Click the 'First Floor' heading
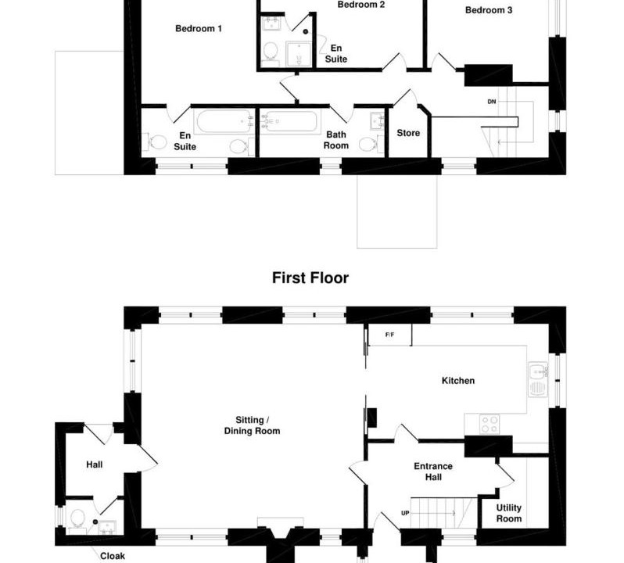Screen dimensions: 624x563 (x=310, y=278)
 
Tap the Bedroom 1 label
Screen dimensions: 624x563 (x=199, y=29)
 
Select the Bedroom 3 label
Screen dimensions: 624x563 (x=489, y=10)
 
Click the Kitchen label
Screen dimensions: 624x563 (x=458, y=381)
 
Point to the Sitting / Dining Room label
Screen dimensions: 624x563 (x=252, y=425)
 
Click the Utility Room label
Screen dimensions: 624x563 (x=509, y=513)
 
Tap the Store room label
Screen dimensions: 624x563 (x=408, y=133)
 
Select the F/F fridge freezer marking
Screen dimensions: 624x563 (x=390, y=335)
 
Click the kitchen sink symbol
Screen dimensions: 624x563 (x=538, y=379)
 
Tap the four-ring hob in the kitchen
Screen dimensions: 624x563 (x=490, y=424)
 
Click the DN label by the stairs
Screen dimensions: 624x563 (x=492, y=102)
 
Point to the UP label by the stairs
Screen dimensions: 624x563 (x=405, y=513)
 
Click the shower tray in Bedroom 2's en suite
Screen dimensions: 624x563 (x=298, y=53)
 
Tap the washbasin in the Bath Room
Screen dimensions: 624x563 (x=377, y=121)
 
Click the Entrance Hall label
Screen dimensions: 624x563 (x=433, y=472)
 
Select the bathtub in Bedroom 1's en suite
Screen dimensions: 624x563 (x=224, y=121)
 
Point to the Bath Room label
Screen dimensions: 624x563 (x=336, y=140)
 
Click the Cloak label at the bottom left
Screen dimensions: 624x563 (x=113, y=556)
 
